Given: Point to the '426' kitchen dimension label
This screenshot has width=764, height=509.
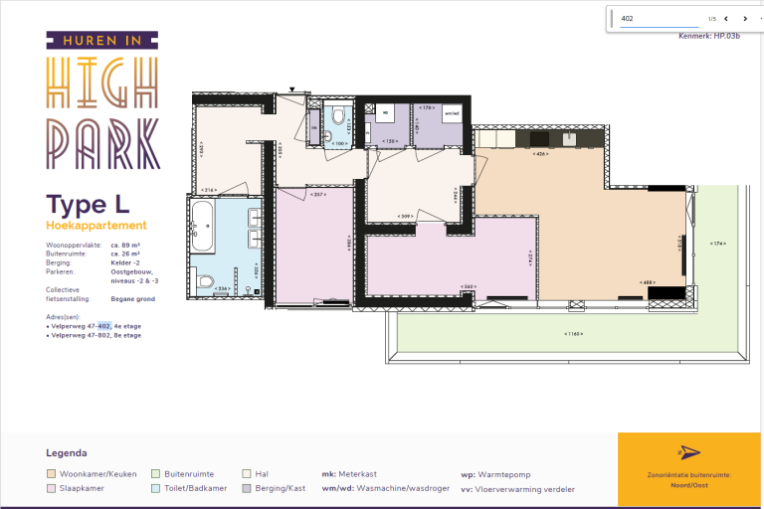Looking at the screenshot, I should point(540,154).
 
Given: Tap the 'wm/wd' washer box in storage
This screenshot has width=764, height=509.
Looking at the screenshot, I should point(452,113).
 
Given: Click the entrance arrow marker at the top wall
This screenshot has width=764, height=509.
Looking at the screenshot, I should point(291,89).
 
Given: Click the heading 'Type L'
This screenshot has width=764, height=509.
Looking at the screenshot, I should point(88,205).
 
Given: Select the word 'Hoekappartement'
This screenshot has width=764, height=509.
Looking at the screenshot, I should point(96,226).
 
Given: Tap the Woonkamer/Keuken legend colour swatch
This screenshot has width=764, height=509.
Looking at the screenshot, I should point(52,474).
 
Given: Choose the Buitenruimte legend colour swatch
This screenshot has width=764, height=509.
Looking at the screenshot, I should point(156,474).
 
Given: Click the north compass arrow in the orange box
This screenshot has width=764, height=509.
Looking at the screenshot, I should point(688,453).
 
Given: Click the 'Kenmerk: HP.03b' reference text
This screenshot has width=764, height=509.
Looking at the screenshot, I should point(708,36).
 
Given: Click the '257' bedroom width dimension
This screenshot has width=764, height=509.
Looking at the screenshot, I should point(318,195).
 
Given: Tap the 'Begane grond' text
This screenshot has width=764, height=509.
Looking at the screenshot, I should point(132,297).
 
